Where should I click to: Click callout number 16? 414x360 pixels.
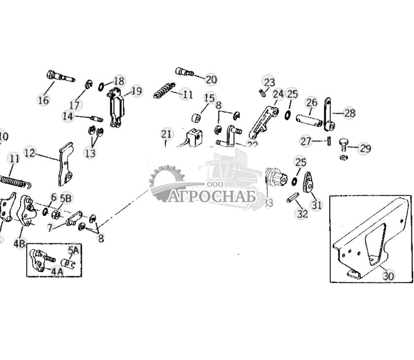click(x=43, y=99)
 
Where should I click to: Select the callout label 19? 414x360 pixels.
click(x=136, y=91)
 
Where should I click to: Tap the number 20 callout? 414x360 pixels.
click(x=211, y=79)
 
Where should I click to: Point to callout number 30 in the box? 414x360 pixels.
click(x=388, y=276)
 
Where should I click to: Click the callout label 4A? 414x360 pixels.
click(x=58, y=270)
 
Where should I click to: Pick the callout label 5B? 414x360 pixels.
click(x=66, y=198)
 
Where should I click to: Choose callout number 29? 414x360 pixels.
click(x=364, y=148)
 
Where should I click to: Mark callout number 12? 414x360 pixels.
click(x=30, y=153)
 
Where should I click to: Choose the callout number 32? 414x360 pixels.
click(x=302, y=213)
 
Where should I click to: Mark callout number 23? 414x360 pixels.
click(x=269, y=82)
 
